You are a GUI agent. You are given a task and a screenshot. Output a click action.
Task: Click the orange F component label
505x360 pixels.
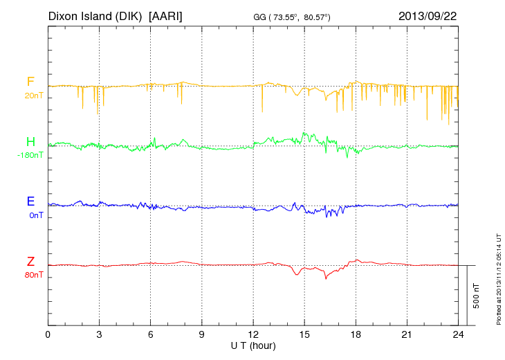[x=30, y=82]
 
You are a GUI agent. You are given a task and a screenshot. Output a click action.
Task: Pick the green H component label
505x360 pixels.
[x=30, y=142]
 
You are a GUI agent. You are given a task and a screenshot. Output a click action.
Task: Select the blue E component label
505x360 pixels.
[x=30, y=201]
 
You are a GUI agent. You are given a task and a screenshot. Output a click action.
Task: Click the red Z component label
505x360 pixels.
[x=30, y=261]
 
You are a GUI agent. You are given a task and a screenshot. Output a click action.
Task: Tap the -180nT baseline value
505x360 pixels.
[x=30, y=156]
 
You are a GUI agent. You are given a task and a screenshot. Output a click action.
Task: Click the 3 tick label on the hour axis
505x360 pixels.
[x=99, y=335]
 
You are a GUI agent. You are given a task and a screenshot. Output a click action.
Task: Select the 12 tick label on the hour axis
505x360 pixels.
[x=253, y=335]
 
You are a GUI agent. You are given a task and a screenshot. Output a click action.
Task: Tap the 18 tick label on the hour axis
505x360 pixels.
[x=356, y=335]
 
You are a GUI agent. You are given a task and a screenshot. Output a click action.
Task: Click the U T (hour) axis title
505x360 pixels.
[x=253, y=345]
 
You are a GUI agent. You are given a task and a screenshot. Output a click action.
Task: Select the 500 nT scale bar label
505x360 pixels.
[x=477, y=296]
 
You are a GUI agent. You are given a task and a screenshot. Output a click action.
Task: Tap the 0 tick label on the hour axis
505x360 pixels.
[x=48, y=335]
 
